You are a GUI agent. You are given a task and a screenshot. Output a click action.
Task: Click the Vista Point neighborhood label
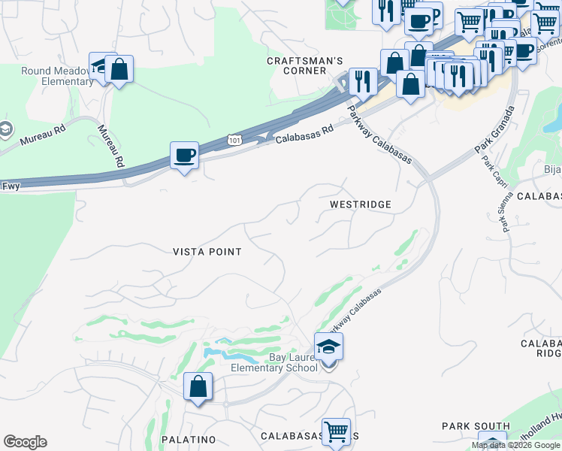click(207, 252)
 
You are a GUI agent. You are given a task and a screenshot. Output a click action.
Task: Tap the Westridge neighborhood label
click(361, 204)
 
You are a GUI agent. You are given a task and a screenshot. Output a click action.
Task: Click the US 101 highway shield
click(235, 140)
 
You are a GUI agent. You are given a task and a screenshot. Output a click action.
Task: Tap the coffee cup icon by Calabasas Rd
click(184, 156)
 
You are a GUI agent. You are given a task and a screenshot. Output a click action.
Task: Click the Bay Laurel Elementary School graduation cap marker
click(328, 347)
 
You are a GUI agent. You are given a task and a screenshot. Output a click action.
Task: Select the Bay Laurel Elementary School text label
click(267, 362)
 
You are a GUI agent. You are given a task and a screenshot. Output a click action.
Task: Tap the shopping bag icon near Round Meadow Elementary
click(119, 70)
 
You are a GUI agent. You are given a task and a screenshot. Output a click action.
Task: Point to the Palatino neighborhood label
click(189, 439)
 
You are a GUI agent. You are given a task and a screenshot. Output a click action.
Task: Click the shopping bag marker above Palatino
click(198, 387)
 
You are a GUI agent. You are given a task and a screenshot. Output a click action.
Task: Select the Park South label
click(467, 426)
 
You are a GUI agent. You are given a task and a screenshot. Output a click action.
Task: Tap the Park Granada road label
click(494, 131)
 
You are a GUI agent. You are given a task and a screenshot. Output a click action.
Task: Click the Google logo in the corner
click(25, 442)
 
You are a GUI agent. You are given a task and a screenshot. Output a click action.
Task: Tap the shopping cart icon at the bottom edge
click(336, 432)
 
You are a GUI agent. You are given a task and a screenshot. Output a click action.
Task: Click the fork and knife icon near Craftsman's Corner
click(364, 81)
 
